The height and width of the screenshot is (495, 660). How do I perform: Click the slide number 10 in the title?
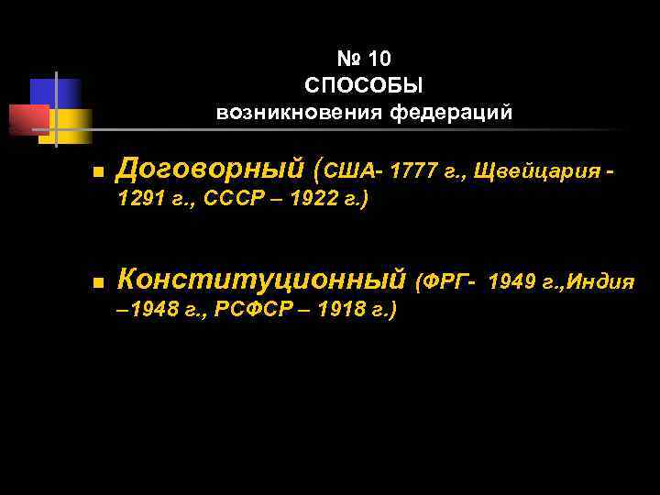click(x=379, y=60)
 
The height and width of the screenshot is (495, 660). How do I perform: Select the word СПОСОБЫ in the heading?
click(x=364, y=86)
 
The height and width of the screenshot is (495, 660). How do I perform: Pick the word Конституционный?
click(x=262, y=278)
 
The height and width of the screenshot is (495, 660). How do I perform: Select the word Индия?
click(x=600, y=280)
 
